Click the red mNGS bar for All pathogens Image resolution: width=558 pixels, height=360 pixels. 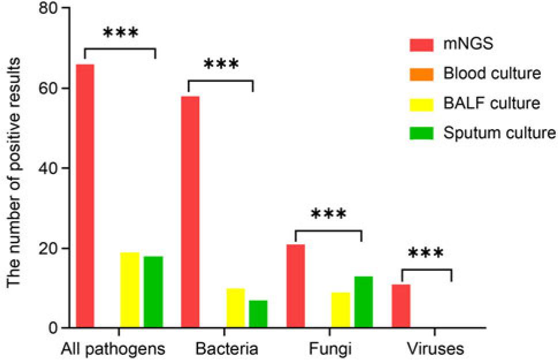(x=85, y=196)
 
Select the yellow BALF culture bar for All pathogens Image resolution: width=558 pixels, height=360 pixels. (x=130, y=290)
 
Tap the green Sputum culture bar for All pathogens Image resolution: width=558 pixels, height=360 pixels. (x=153, y=292)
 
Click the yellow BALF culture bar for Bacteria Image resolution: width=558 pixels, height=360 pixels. (x=235, y=308)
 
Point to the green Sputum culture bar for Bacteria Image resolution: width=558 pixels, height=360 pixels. (x=257, y=314)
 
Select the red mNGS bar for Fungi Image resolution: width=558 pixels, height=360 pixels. (x=295, y=286)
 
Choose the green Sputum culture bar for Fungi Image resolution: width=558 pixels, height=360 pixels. (x=363, y=302)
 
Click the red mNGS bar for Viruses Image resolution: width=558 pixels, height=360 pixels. (x=401, y=306)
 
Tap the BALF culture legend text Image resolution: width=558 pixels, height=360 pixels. (x=492, y=104)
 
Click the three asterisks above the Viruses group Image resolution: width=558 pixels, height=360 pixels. (x=426, y=253)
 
